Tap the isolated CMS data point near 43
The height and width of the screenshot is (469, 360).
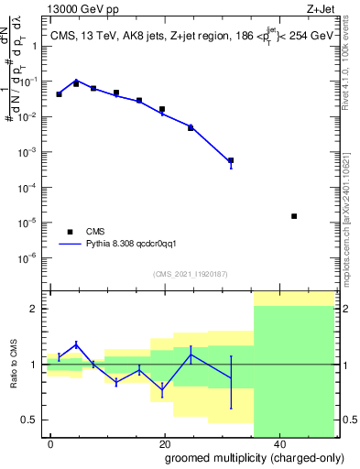294,216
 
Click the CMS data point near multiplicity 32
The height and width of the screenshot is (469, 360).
231,160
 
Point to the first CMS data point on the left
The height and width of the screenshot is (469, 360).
60,94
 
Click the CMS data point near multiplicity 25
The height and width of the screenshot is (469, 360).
191,127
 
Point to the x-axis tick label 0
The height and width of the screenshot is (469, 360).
50,443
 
